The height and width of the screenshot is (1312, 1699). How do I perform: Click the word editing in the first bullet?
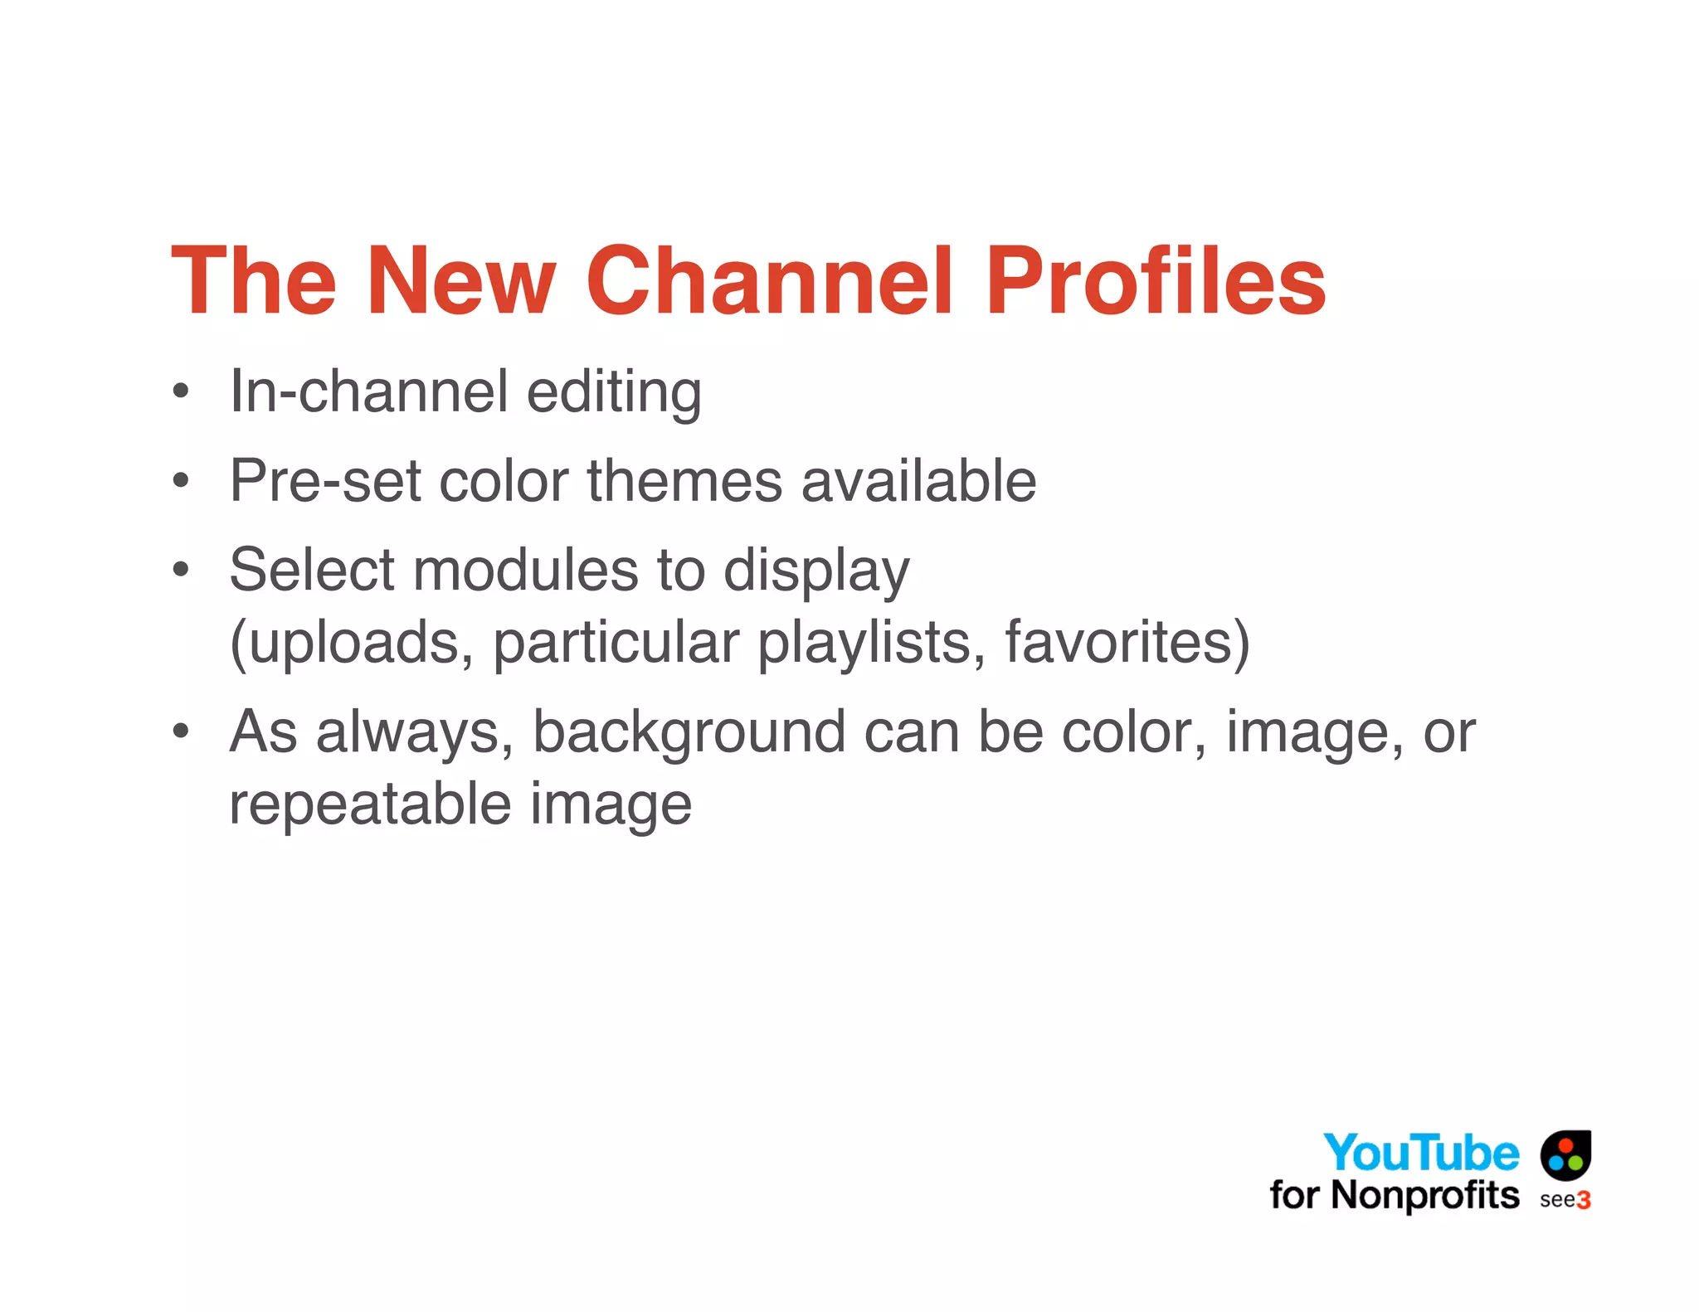coord(614,391)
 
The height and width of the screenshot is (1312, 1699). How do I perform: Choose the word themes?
coord(684,481)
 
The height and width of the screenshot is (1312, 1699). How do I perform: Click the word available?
coord(918,481)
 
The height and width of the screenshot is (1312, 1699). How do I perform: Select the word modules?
coord(525,571)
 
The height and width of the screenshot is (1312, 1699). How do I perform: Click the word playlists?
coord(872,643)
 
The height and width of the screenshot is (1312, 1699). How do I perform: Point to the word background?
coord(689,733)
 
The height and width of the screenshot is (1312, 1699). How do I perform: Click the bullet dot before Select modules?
coord(181,570)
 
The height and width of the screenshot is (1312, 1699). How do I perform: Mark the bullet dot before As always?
coord(181,731)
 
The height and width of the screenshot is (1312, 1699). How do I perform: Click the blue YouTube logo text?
coord(1421,1153)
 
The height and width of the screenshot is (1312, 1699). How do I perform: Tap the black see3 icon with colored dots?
coord(1565,1154)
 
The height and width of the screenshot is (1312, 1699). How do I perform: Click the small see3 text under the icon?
coord(1565,1200)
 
